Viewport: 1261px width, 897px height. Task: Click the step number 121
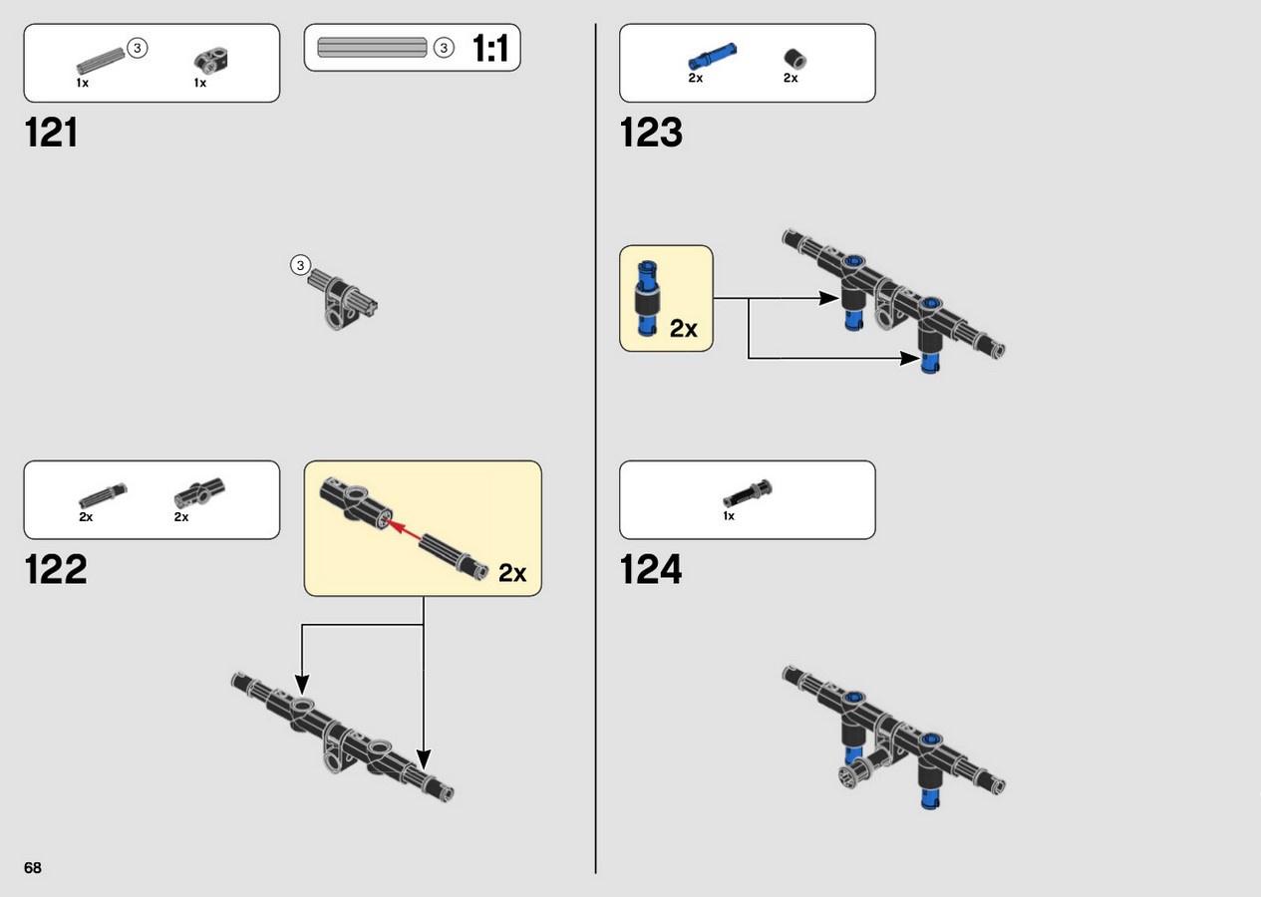pyautogui.click(x=51, y=133)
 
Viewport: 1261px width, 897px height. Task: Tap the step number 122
pyautogui.click(x=56, y=569)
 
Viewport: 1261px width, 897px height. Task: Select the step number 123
pyautogui.click(x=651, y=133)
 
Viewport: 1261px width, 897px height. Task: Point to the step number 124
pyautogui.click(x=651, y=569)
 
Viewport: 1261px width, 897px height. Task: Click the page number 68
pyautogui.click(x=33, y=868)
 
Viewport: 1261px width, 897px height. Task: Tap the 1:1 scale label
pyautogui.click(x=489, y=48)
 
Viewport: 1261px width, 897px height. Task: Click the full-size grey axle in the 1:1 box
pyautogui.click(x=373, y=48)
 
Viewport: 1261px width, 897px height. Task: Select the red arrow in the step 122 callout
pyautogui.click(x=403, y=530)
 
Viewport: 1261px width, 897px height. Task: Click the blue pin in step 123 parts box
pyautogui.click(x=712, y=56)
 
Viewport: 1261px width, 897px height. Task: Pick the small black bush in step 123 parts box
pyautogui.click(x=794, y=59)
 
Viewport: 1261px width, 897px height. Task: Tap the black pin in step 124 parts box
pyautogui.click(x=747, y=494)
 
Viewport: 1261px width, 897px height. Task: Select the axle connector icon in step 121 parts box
pyautogui.click(x=211, y=60)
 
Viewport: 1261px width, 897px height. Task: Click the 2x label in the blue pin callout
pyautogui.click(x=684, y=329)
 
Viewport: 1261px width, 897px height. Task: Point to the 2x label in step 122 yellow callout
pyautogui.click(x=512, y=573)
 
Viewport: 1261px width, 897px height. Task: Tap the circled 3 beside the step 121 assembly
pyautogui.click(x=301, y=265)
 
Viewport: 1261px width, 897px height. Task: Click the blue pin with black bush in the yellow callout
pyautogui.click(x=647, y=299)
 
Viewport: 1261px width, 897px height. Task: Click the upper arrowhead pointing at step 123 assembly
pyautogui.click(x=829, y=298)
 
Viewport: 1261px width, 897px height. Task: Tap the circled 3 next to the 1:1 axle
pyautogui.click(x=444, y=49)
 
